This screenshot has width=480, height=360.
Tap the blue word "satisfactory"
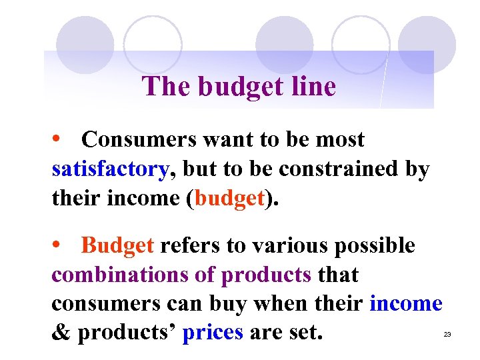pyautogui.click(x=110, y=169)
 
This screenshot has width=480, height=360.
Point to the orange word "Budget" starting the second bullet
pyautogui.click(x=117, y=245)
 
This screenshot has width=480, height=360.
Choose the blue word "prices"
pyautogui.click(x=213, y=332)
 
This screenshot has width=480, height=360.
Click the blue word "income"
pyautogui.click(x=405, y=303)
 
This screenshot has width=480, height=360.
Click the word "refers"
pyautogui.click(x=191, y=245)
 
